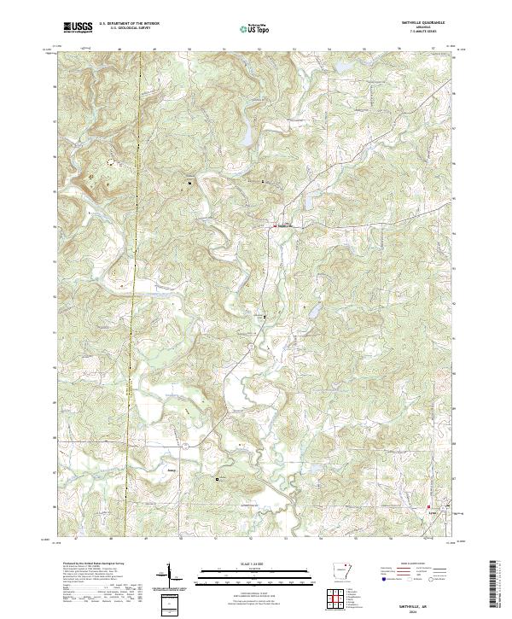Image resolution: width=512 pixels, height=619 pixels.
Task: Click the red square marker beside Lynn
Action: click(428, 509)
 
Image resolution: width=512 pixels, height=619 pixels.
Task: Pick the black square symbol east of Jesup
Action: click(217, 479)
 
